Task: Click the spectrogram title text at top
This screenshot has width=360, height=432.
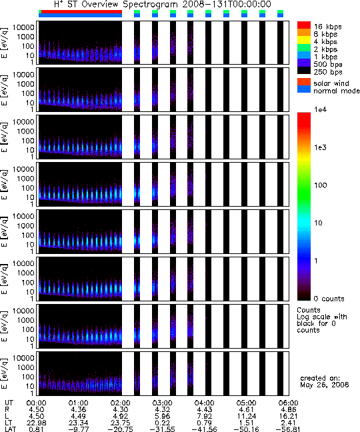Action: coord(163,5)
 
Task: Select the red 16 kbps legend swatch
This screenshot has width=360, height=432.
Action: coord(304,25)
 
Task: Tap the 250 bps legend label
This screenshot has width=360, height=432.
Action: coord(328,72)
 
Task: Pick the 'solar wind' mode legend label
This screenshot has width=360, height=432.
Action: coord(331,83)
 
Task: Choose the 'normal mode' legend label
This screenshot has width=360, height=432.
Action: coord(337,91)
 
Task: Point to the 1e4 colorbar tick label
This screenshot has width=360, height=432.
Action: coord(321,109)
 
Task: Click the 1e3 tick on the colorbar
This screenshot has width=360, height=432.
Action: coord(321,147)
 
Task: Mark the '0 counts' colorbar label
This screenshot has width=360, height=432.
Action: coord(329,299)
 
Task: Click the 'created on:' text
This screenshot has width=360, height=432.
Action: coord(320,378)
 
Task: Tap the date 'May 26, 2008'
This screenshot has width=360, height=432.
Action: coord(325,385)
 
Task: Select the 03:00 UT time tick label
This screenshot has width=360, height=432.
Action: coord(162,403)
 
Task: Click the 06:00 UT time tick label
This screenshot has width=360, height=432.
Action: coord(288,403)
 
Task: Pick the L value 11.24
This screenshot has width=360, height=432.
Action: coord(246,416)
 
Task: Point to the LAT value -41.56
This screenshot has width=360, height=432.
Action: coord(204,429)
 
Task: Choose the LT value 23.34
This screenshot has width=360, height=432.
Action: coord(78,423)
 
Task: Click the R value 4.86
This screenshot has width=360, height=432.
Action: coord(288,410)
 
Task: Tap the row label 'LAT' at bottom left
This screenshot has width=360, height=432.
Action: coord(11,429)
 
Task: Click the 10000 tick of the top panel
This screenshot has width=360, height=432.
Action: coord(23,27)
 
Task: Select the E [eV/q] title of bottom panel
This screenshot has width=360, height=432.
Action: coord(5,373)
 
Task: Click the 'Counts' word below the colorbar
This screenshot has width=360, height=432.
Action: coord(309,310)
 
